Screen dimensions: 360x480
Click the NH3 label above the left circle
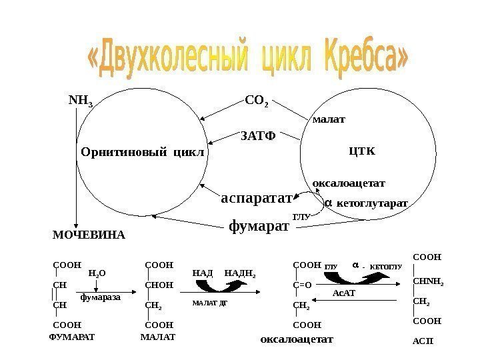pos(81,102)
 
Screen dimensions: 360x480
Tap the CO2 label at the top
pos(257,103)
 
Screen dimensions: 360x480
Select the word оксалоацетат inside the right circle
pos(349,181)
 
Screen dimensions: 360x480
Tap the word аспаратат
pos(257,198)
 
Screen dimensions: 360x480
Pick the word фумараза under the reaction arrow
pos(100,297)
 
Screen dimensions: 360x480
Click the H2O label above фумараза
pos(97,273)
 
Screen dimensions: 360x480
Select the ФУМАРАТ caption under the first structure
pos(73,337)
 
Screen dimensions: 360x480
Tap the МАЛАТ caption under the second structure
pos(158,337)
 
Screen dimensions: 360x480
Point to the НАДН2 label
pos(241,273)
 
